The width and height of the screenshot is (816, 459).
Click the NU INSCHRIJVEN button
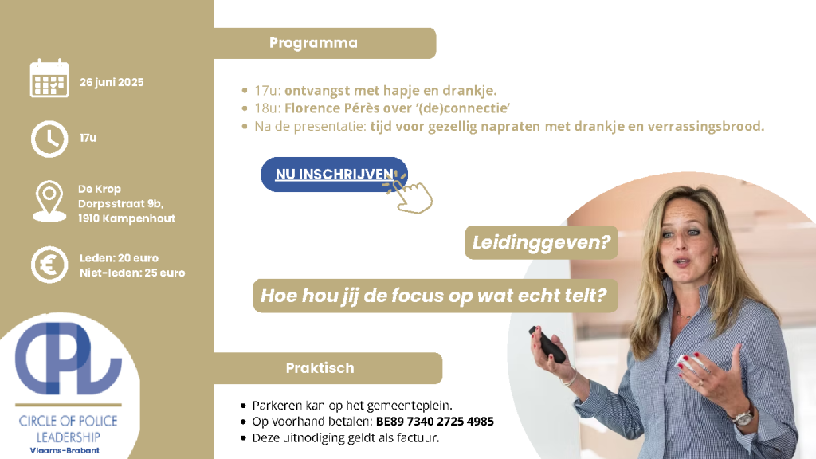(334, 175)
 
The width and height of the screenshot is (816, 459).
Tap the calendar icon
(49, 78)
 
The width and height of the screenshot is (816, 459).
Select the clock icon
(49, 139)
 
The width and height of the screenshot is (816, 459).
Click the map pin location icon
(49, 202)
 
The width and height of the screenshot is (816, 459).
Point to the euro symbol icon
(49, 265)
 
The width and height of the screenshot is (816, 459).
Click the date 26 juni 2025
(112, 82)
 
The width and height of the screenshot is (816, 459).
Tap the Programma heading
(313, 43)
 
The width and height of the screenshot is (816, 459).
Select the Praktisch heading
(320, 368)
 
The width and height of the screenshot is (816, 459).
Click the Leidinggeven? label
(541, 242)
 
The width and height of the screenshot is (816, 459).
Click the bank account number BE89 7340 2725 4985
(435, 421)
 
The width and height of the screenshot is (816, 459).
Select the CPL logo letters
(69, 359)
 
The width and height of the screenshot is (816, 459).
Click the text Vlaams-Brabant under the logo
(65, 451)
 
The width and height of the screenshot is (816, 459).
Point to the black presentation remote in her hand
(547, 344)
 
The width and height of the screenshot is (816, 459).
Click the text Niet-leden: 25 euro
(132, 273)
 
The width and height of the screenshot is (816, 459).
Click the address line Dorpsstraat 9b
(121, 203)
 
